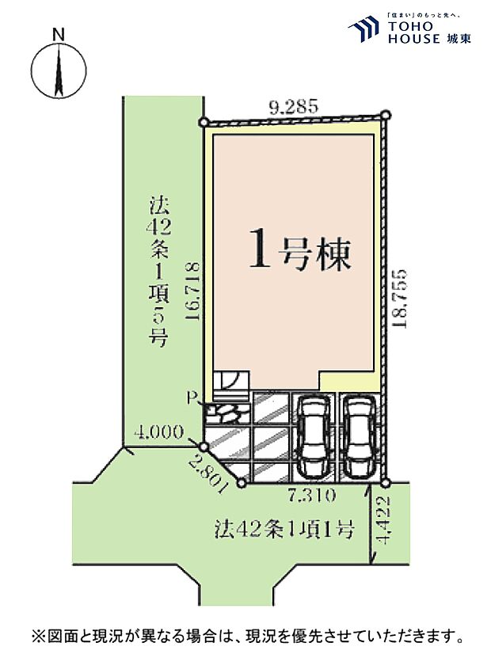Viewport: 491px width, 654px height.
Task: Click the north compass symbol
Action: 58,70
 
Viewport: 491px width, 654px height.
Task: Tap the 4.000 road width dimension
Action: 160,432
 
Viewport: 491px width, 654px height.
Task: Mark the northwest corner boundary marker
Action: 204,123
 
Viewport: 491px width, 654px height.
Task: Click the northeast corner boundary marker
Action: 386,116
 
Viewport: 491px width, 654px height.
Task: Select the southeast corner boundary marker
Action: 385,482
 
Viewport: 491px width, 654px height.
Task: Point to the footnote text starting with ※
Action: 246,635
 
